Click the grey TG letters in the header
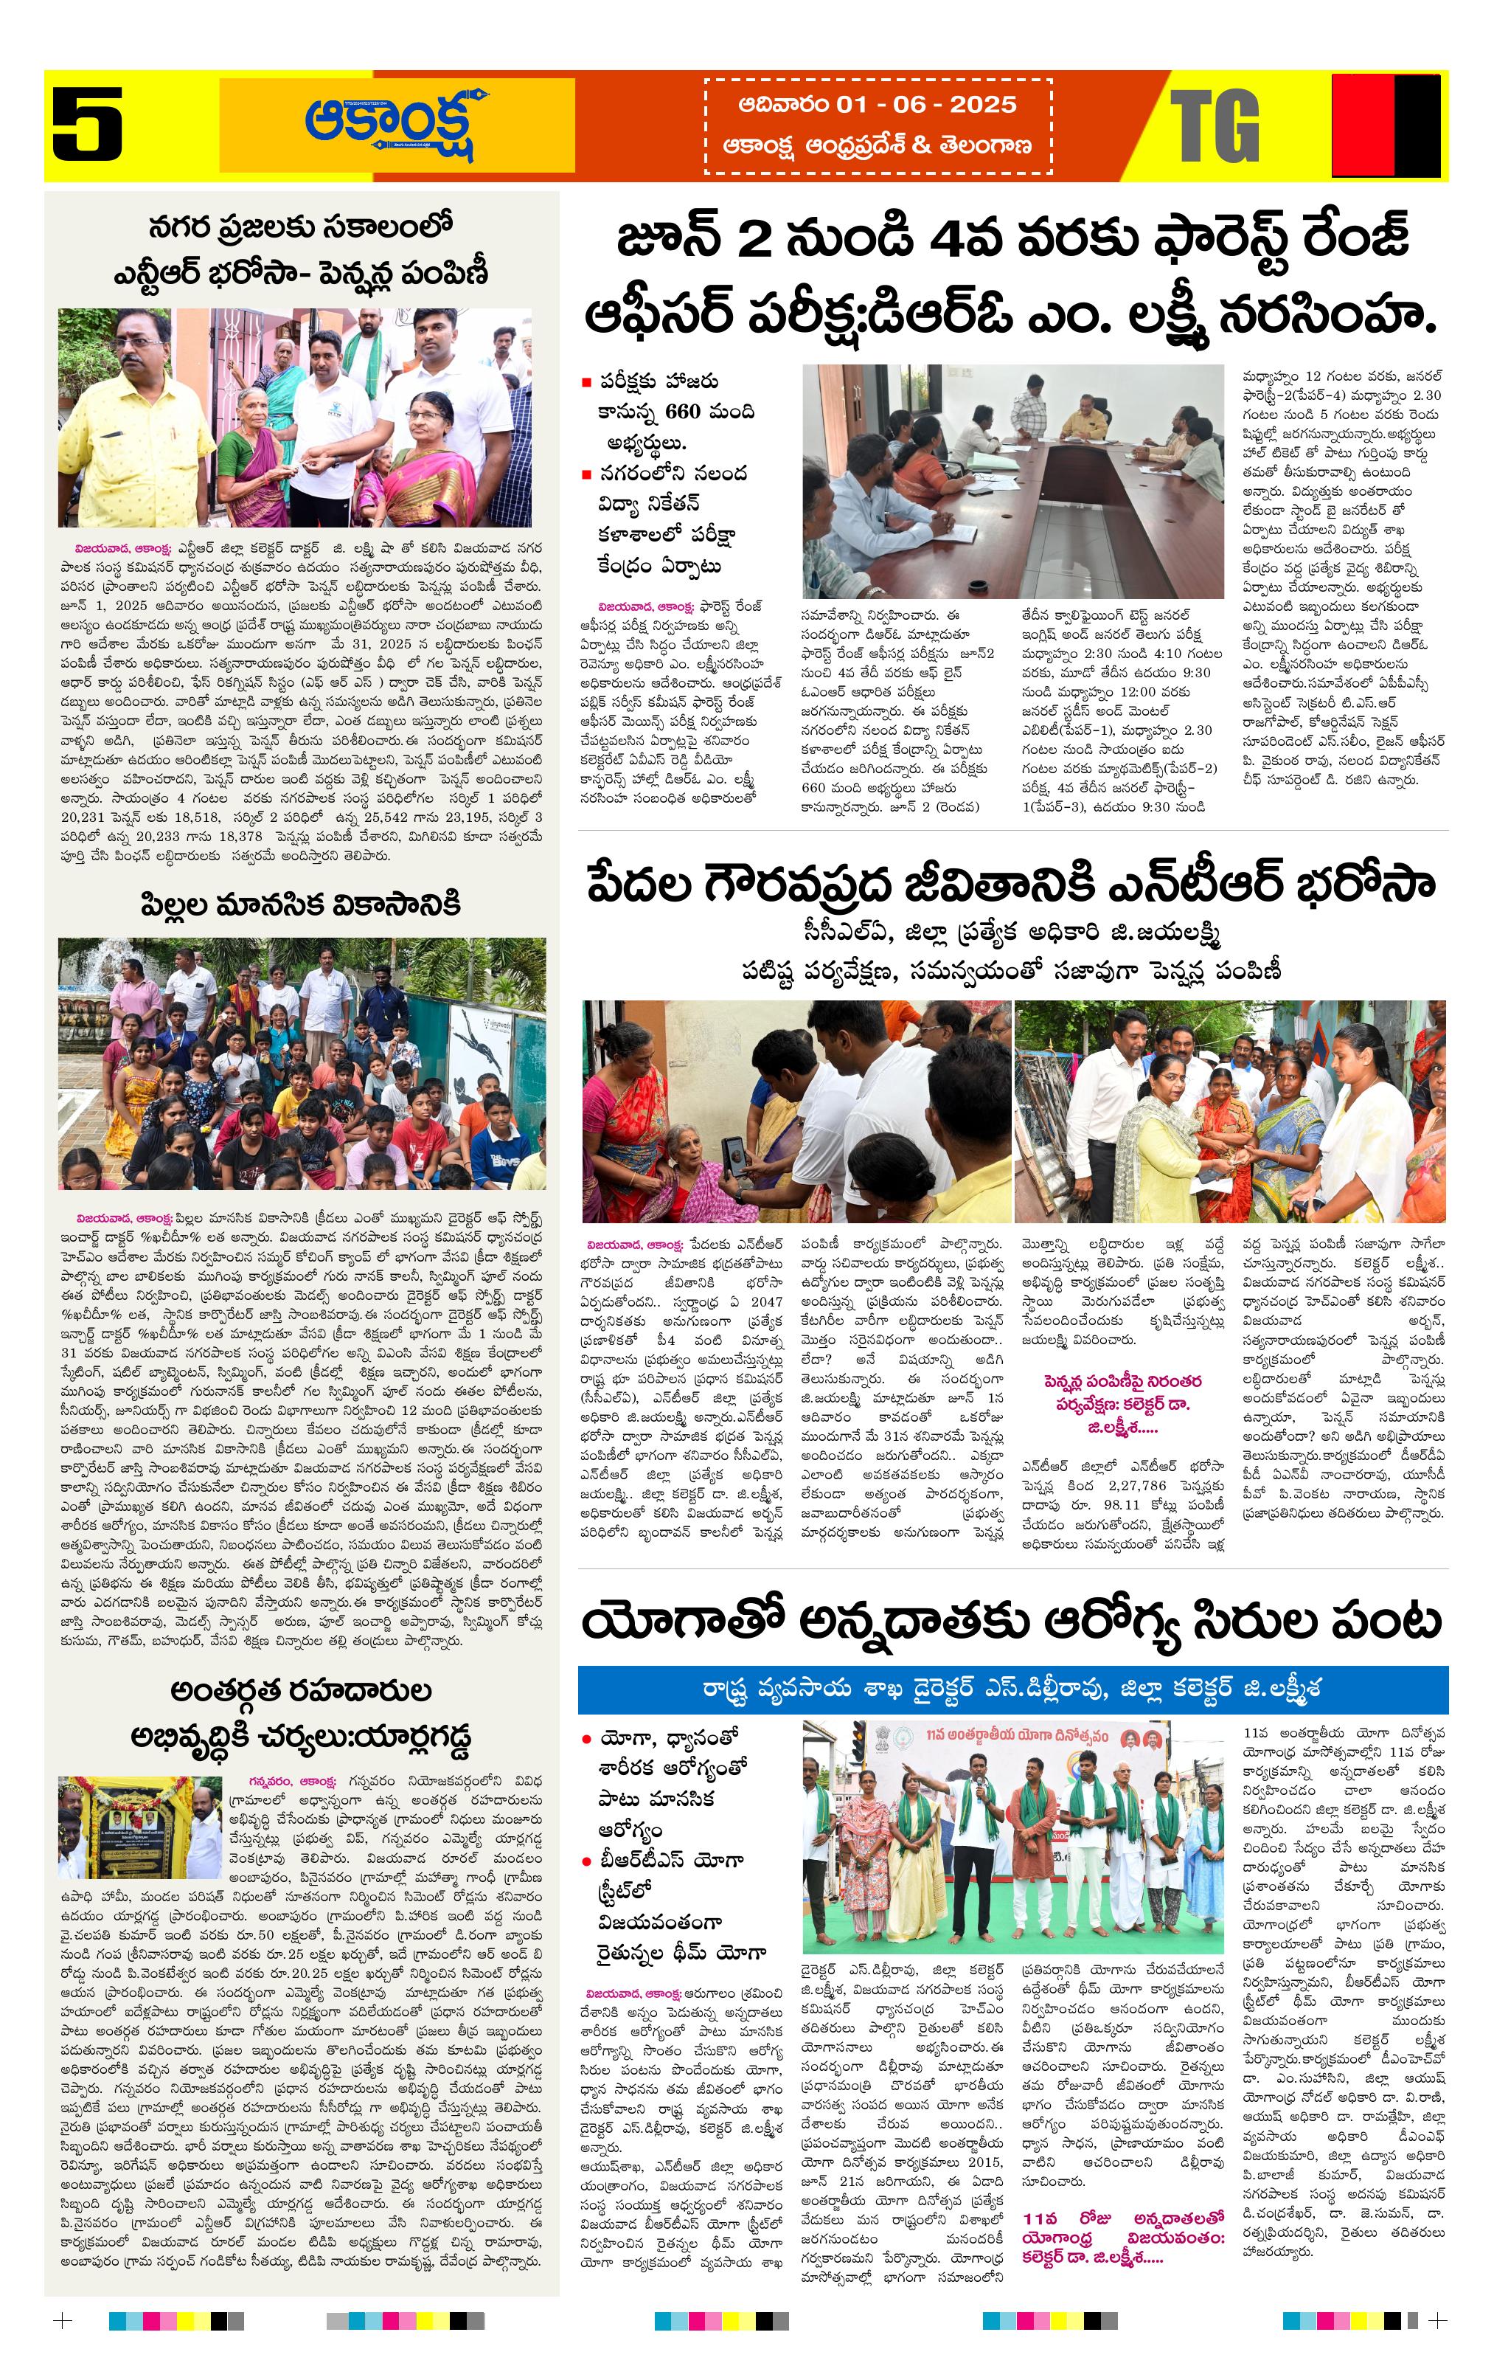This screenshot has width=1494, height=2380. [x=1215, y=125]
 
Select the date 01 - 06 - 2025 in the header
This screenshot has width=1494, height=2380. [x=926, y=105]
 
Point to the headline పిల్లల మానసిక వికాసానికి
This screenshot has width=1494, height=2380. [x=302, y=904]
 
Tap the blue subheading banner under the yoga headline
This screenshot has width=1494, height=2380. [x=1012, y=1688]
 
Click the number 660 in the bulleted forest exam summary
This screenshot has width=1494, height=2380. [x=682, y=411]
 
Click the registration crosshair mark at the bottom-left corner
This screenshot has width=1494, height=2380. [x=62, y=2321]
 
